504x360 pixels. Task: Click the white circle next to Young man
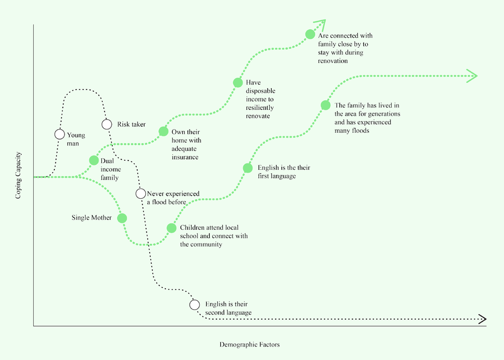59,134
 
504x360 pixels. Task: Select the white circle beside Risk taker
106,124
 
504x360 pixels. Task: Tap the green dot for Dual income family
94,160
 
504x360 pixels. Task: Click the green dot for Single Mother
121,218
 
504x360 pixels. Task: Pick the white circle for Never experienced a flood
141,194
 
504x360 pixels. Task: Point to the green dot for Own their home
163,132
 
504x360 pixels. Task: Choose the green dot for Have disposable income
237,83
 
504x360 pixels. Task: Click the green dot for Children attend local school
171,228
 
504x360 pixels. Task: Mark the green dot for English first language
247,168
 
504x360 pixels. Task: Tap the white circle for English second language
195,305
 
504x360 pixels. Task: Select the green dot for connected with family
310,34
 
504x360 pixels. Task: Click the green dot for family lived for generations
325,105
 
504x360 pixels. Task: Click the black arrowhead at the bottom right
482,319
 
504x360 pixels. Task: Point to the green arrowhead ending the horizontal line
473,76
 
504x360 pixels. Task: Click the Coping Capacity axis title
18,175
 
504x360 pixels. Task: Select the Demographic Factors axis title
249,345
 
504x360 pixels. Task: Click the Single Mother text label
91,218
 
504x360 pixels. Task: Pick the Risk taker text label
132,124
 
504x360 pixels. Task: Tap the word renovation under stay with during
333,61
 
